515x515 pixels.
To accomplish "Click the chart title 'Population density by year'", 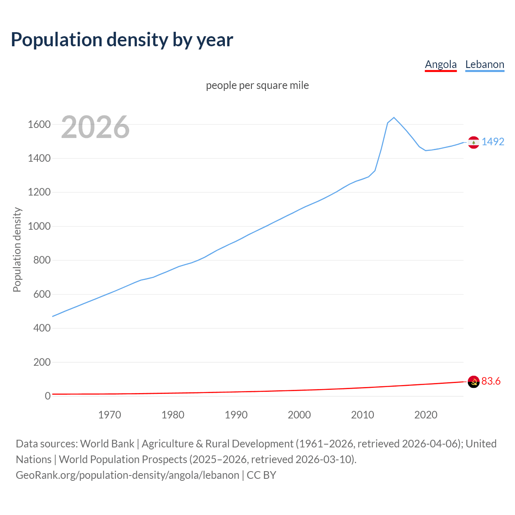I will coord(122,39).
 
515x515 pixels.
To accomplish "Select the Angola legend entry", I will coord(441,64).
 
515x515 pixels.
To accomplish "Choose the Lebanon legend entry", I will coord(484,64).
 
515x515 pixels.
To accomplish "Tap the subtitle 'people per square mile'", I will coord(257,85).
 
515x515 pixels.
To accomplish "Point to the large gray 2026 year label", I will coord(95,127).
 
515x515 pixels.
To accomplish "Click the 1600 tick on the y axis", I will coord(39,124).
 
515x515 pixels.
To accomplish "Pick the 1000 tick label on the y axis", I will coord(39,226).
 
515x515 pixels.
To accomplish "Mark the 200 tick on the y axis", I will coord(42,362).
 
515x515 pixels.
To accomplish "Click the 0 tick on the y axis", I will coord(47,396).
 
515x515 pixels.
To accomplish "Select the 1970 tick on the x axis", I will coord(109,415).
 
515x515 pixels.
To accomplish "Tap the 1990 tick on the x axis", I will coord(236,415).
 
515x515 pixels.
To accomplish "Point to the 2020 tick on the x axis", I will coord(426,415).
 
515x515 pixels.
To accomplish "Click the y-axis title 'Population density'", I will coord(17,249).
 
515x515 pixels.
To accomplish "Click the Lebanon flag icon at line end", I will coord(474,142).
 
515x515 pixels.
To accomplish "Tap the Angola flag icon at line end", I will coord(474,382).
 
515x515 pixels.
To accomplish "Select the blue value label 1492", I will coord(493,142).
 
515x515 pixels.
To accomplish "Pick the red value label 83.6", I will coord(491,381).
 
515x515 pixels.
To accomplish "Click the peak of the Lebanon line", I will coord(394,117).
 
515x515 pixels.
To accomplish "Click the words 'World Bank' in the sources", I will coord(107,443).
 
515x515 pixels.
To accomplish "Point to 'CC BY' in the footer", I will coord(262,475).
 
